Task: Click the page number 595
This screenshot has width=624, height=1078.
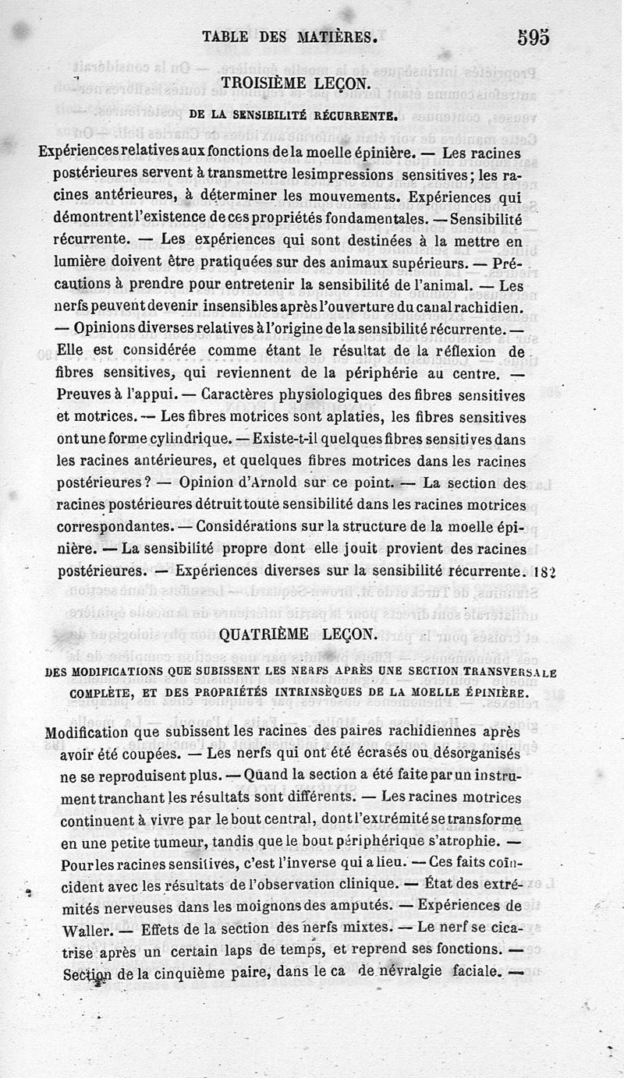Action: tap(533, 37)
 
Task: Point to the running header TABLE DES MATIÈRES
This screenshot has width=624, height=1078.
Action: tap(290, 36)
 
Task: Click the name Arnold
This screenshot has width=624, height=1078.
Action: tap(249, 482)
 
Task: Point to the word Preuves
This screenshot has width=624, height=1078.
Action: tap(83, 395)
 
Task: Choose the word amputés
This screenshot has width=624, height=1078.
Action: tap(370, 907)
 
